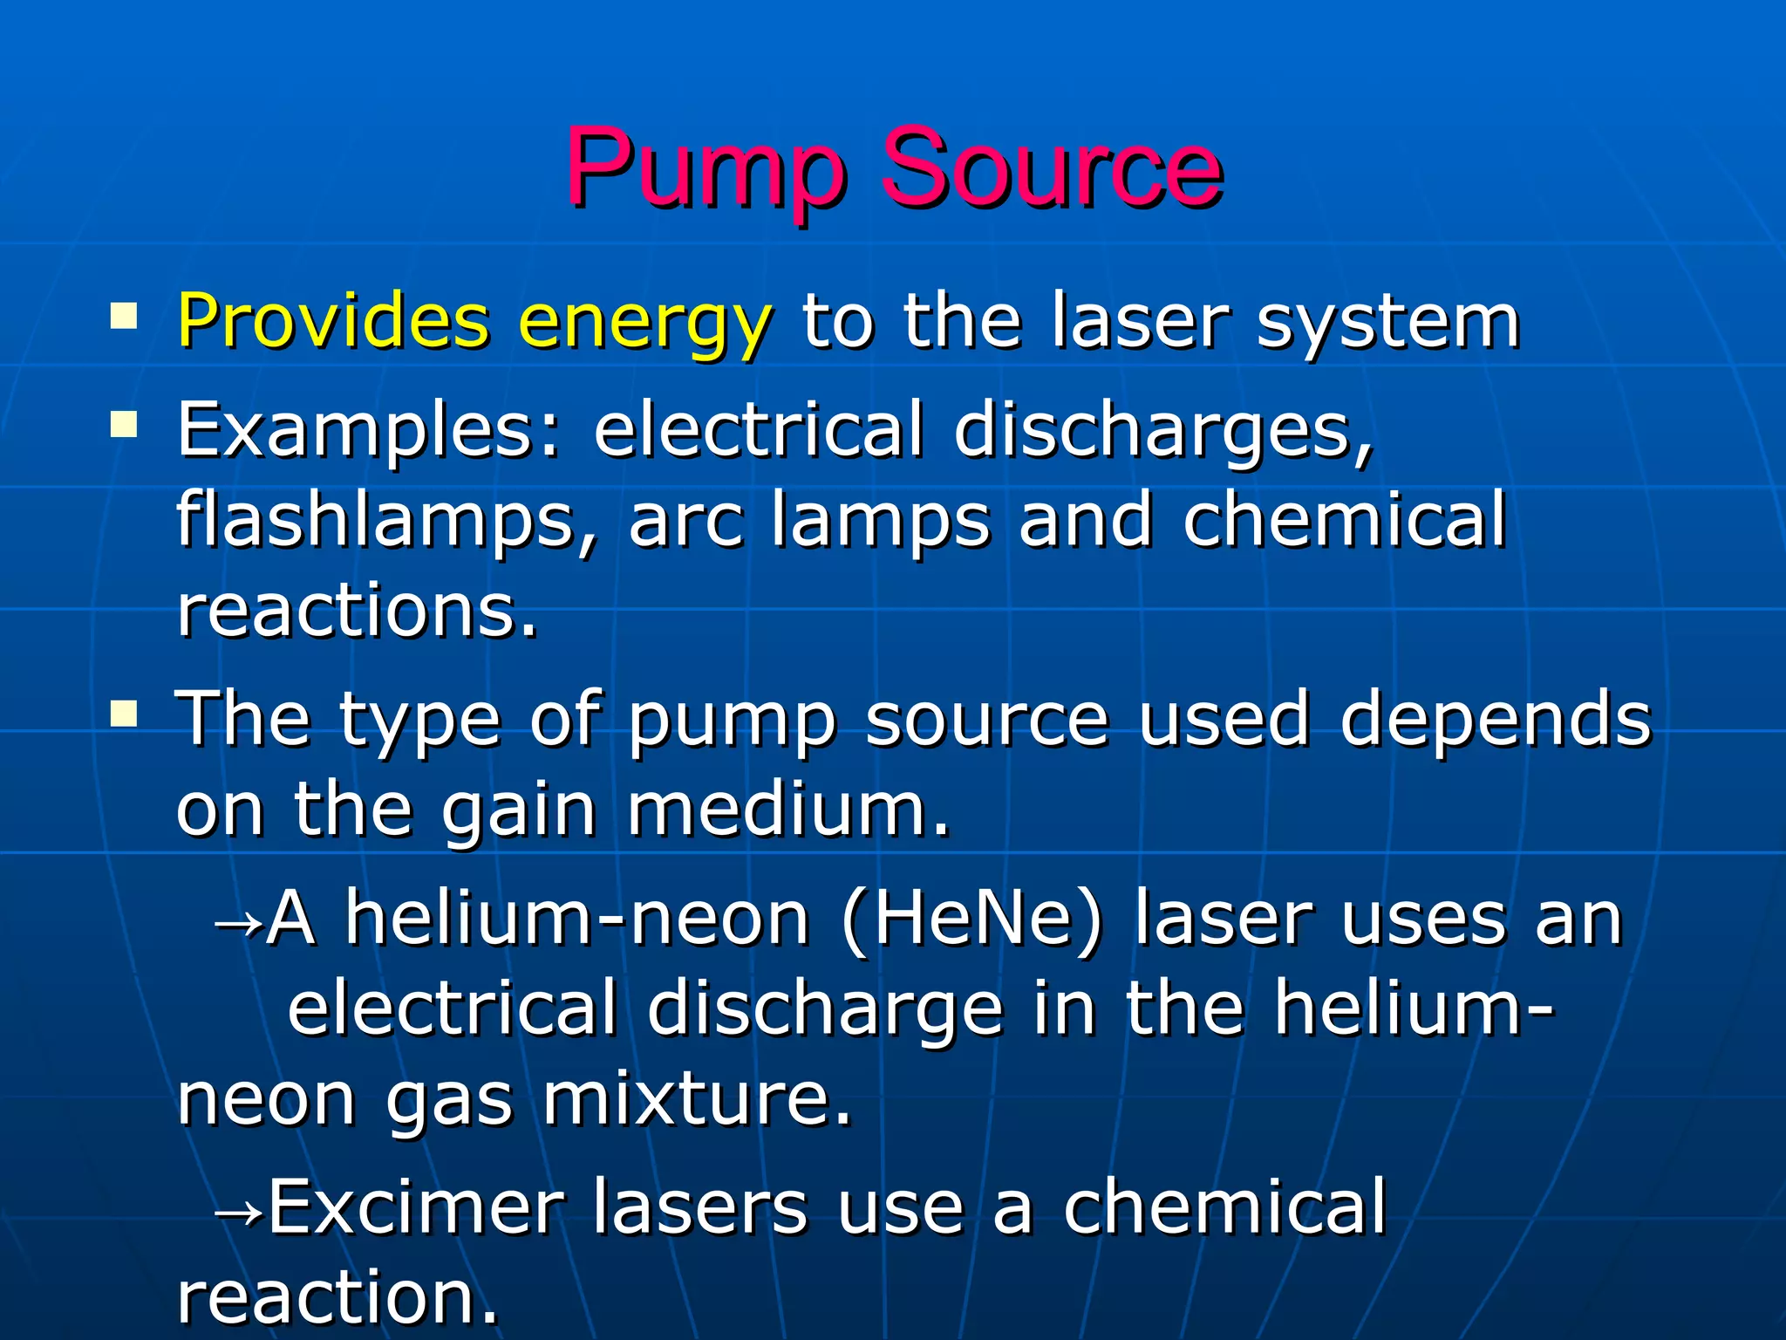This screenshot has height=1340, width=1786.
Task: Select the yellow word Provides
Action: click(x=333, y=321)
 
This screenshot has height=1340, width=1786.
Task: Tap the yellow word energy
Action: click(x=644, y=325)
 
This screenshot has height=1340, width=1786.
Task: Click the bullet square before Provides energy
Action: click(x=124, y=316)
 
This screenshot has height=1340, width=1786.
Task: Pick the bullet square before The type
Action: click(x=124, y=714)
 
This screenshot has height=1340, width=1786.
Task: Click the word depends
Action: click(x=1495, y=721)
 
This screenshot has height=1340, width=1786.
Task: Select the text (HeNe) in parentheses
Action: click(x=972, y=920)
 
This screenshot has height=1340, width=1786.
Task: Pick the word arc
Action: click(x=685, y=523)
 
